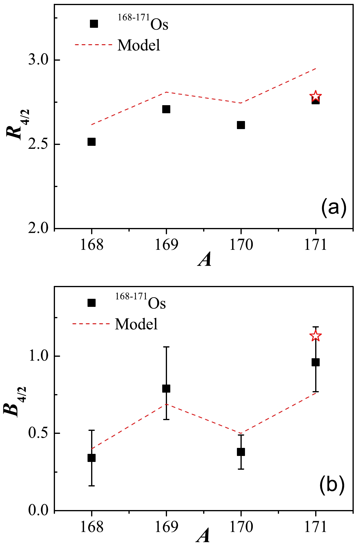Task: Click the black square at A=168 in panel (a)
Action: pyautogui.click(x=91, y=142)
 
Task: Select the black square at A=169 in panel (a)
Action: pyautogui.click(x=166, y=109)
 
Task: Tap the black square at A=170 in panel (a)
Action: pyautogui.click(x=241, y=125)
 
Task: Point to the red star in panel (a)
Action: pyautogui.click(x=315, y=96)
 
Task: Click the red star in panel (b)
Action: pyautogui.click(x=315, y=336)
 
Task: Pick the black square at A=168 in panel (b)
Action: pyautogui.click(x=91, y=458)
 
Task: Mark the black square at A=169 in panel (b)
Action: pyautogui.click(x=166, y=388)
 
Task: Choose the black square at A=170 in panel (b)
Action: pyautogui.click(x=241, y=452)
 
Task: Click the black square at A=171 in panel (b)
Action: pyautogui.click(x=315, y=362)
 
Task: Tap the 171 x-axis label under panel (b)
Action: pyautogui.click(x=315, y=527)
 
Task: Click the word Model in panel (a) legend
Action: pyautogui.click(x=139, y=45)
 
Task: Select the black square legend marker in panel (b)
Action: pyautogui.click(x=91, y=303)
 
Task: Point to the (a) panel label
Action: pyautogui.click(x=333, y=208)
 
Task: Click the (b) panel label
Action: pyautogui.click(x=332, y=486)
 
